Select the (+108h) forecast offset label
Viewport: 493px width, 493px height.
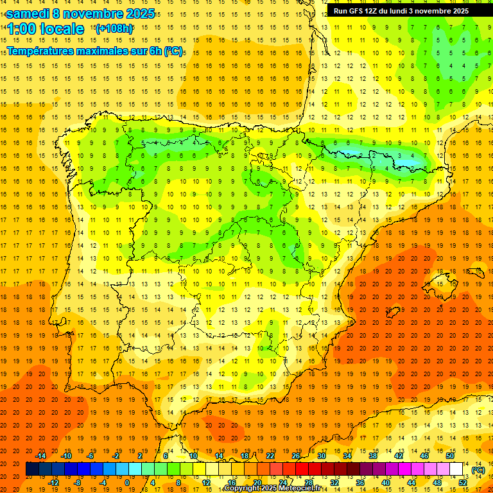tap(114, 29)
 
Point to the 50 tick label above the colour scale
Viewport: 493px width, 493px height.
tap(450, 456)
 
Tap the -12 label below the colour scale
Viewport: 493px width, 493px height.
tap(53, 483)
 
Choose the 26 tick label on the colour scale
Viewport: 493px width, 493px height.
tap(297, 456)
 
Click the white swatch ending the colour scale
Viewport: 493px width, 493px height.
tap(456, 469)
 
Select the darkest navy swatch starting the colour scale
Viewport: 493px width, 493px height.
tap(32, 469)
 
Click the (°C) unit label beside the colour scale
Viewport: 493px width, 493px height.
tap(478, 469)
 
